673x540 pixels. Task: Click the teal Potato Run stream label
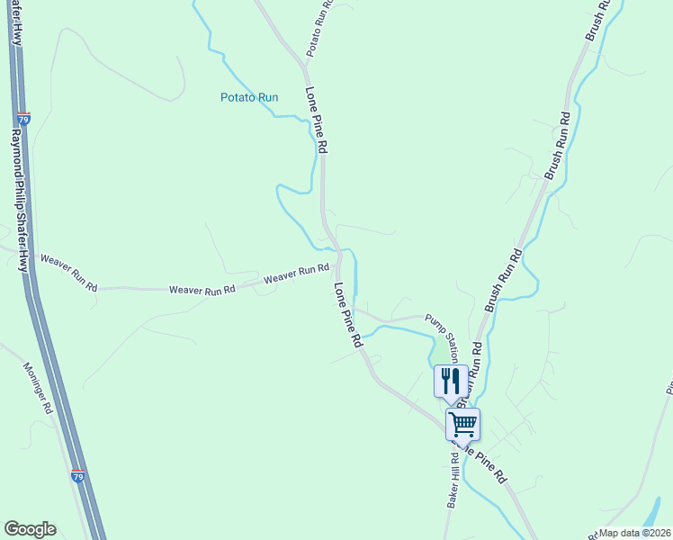coord(249,97)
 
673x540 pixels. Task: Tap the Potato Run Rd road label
coord(319,29)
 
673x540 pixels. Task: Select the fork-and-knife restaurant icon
coord(451,381)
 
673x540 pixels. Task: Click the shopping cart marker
coord(462,423)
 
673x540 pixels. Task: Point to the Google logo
coord(30,529)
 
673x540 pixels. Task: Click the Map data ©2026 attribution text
coord(633,533)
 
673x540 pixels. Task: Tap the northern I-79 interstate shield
coord(22,118)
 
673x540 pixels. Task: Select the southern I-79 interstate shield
coord(77,476)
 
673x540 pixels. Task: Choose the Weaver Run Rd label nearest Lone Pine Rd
coord(296,274)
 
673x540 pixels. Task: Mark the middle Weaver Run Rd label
coord(202,289)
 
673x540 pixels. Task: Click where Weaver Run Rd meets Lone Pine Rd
coord(339,260)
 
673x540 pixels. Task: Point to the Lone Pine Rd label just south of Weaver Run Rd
coord(347,316)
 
